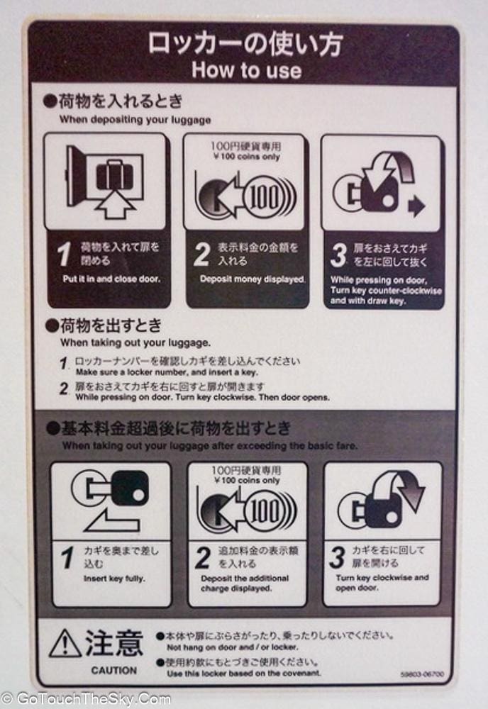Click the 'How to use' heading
tap(247, 70)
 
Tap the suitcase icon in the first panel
tap(114, 175)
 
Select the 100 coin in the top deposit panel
tap(264, 197)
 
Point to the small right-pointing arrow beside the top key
tap(416, 206)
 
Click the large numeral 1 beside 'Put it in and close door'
tap(65, 254)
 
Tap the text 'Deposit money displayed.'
tap(253, 279)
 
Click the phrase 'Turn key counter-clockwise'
tap(386, 290)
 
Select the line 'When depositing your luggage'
tap(135, 120)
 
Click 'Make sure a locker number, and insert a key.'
tap(167, 373)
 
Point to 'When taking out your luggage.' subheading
tap(135, 342)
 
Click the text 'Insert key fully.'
tap(114, 579)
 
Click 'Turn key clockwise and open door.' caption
tap(382, 582)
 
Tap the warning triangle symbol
tap(65, 644)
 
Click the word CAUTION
tap(114, 671)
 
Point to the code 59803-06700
tap(422, 675)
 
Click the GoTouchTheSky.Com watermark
tap(86, 700)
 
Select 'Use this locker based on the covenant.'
tap(244, 674)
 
